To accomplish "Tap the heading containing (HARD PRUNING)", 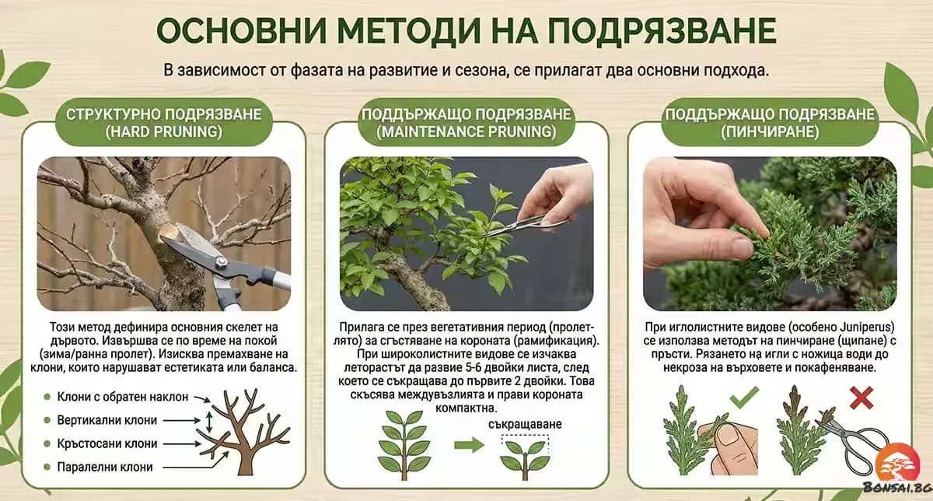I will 163,123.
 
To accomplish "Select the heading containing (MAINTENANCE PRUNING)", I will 466,123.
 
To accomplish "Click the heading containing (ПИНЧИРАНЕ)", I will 769,123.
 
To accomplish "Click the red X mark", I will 861,398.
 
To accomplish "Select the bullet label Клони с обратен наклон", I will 123,397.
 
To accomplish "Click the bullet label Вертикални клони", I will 107,420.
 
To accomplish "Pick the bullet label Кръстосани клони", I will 107,443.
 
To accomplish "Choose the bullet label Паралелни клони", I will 104,467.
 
